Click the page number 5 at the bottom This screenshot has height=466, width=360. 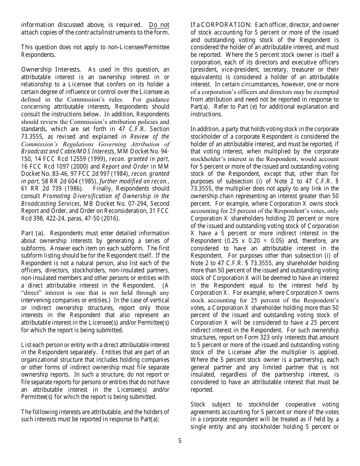click(180, 441)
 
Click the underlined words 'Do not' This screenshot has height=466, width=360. click(159, 25)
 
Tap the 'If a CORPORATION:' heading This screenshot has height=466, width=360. click(221, 25)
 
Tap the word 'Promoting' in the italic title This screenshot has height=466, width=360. click(56, 196)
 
